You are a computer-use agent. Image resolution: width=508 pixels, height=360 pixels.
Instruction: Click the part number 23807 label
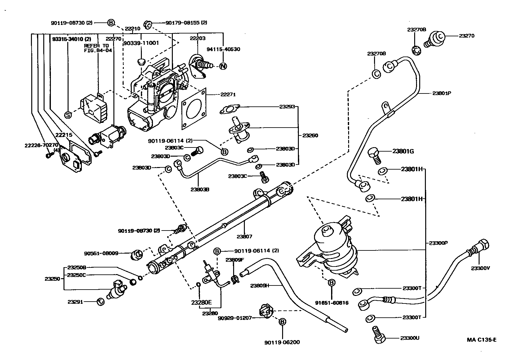[x=245, y=236]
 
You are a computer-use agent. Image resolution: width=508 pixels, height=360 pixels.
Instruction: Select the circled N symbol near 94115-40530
[x=223, y=66]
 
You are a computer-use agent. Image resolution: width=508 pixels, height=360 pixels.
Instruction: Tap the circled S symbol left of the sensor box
[x=68, y=115]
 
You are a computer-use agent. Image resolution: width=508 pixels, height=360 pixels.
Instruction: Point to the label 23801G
[x=403, y=151]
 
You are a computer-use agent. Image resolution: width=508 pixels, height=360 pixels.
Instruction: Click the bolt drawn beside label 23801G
[x=375, y=155]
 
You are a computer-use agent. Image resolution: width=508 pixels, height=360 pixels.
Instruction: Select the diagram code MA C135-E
[x=482, y=340]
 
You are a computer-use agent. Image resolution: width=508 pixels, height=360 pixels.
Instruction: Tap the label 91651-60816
[x=332, y=303]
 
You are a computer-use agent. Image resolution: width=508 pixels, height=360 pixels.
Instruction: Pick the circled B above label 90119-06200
[x=282, y=322]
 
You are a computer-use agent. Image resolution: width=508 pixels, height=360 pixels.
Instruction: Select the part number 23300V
[x=480, y=268]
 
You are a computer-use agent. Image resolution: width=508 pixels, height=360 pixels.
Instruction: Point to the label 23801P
[x=442, y=93]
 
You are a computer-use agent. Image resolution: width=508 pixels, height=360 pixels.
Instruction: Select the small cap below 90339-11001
[x=142, y=60]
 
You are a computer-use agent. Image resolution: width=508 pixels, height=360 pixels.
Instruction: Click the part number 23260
[x=310, y=135]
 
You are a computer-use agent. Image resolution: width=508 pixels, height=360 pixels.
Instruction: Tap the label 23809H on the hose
[x=259, y=285]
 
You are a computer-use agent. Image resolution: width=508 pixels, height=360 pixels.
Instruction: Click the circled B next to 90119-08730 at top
[x=111, y=23]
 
